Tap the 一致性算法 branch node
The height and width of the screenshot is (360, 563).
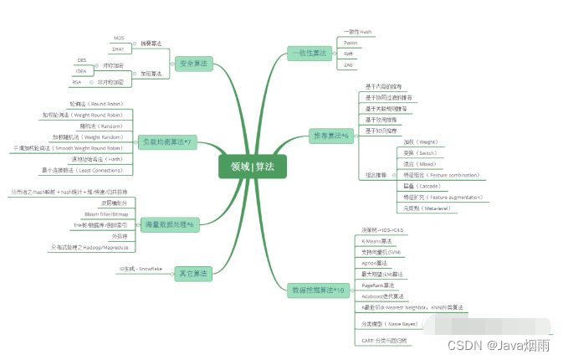tap(307, 53)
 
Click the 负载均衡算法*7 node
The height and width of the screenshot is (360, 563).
tap(166, 142)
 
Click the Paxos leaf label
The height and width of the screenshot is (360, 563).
tap(351, 42)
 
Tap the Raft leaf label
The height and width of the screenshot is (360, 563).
tap(349, 53)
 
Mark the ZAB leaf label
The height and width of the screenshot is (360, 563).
tap(349, 64)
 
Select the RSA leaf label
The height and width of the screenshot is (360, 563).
tap(77, 82)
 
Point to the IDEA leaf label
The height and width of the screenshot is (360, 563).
tap(81, 71)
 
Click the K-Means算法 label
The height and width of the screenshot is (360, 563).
tap(380, 240)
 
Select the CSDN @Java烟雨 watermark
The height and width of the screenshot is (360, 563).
tap(498, 345)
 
